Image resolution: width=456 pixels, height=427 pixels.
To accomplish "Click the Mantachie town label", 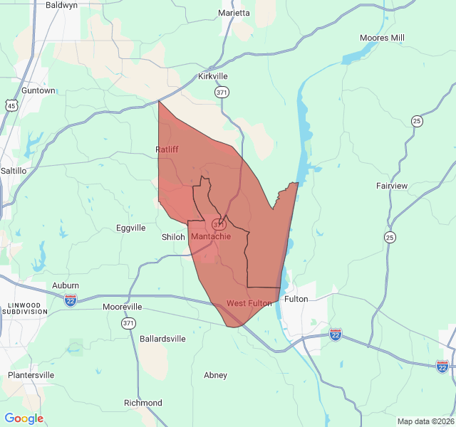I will click(211, 236).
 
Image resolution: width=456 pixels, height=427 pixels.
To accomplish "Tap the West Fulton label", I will click(249, 303).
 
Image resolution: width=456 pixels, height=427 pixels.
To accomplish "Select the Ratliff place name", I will click(167, 149).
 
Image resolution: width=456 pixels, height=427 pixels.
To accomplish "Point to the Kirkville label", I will click(213, 76).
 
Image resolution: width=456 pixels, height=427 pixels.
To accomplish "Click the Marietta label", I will click(234, 13).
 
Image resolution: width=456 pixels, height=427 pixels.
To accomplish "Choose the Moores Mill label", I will click(382, 37).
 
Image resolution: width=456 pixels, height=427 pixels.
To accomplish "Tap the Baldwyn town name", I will click(61, 4).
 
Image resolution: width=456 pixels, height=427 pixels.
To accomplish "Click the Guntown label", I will click(38, 90).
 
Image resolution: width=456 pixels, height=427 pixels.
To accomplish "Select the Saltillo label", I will click(14, 171).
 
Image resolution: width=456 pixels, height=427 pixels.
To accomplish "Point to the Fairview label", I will click(392, 186).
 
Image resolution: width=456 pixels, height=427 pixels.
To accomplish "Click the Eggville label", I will click(130, 228).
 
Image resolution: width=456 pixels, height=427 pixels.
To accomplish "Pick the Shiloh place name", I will click(173, 237).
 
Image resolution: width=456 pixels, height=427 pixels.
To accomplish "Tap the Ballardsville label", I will click(162, 339).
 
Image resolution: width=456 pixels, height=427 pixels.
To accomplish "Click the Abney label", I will click(215, 375).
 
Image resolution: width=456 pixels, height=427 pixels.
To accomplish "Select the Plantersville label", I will click(31, 374).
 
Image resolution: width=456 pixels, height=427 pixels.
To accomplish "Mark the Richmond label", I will click(142, 403).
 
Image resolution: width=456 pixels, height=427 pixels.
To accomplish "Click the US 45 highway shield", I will click(11, 106).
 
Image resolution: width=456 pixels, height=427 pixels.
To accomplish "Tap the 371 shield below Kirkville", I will click(222, 93).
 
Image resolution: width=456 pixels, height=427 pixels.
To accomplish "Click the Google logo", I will click(24, 418).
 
